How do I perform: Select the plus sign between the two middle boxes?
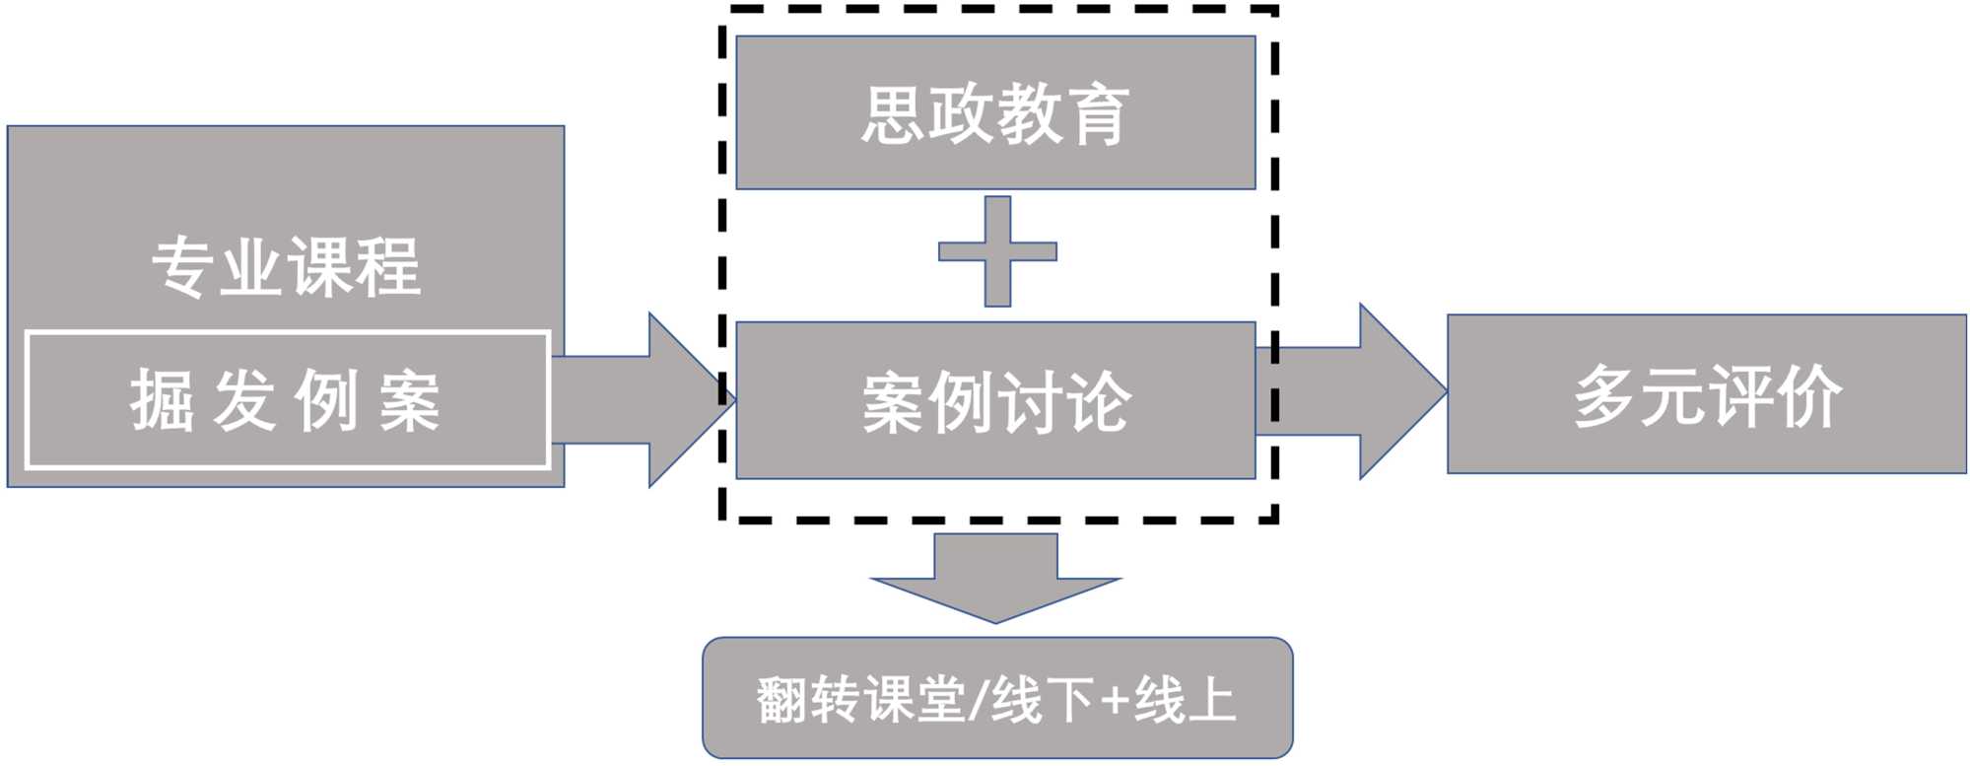click(x=997, y=251)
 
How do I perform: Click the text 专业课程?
click(x=287, y=267)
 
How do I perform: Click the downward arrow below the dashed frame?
click(x=995, y=582)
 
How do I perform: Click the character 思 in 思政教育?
click(x=894, y=115)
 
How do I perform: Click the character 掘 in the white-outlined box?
click(x=162, y=401)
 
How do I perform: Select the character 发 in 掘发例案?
click(x=243, y=401)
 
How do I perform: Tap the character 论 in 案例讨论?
click(x=1099, y=402)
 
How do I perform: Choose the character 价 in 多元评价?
click(x=1808, y=396)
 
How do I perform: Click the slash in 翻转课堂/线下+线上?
click(x=978, y=701)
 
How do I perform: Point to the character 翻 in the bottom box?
click(x=782, y=701)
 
